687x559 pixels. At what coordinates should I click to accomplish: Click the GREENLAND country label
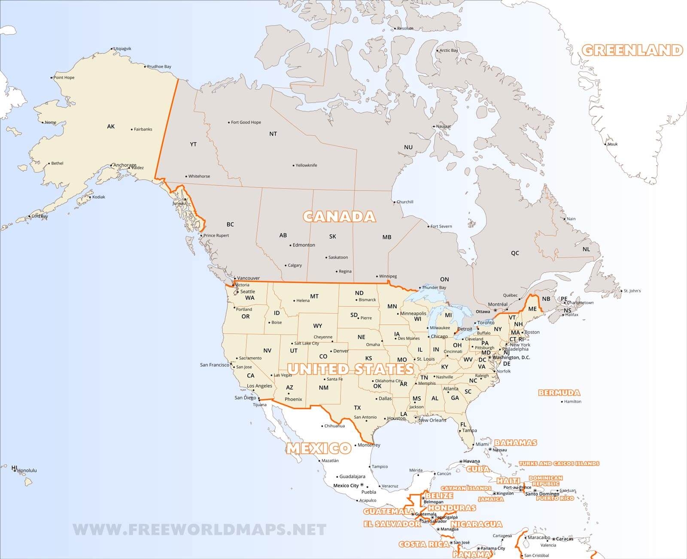[x=632, y=50]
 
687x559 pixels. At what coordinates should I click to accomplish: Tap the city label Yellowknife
[x=306, y=165]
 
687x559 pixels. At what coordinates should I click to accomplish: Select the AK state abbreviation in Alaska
[x=111, y=126]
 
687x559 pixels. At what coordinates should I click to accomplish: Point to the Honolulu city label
[x=27, y=470]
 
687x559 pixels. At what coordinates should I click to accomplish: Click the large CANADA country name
[x=339, y=216]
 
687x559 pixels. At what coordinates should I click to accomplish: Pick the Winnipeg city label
[x=388, y=276]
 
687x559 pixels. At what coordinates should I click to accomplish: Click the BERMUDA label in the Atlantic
[x=559, y=393]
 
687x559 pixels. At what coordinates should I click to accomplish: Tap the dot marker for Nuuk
[x=605, y=144]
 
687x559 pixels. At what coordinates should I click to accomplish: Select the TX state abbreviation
[x=357, y=408]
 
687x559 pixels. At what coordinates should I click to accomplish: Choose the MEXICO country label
[x=319, y=448]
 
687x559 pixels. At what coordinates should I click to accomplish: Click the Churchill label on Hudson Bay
[x=404, y=202]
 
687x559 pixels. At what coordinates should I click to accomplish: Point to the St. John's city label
[x=632, y=291]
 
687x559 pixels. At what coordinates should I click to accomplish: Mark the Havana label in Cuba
[x=471, y=461]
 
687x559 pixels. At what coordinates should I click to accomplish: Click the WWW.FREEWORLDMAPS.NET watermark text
[x=200, y=530]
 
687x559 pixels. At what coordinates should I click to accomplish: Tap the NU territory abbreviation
[x=408, y=147]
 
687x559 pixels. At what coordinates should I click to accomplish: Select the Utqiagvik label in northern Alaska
[x=122, y=48]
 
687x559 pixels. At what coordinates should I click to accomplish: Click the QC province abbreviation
[x=515, y=253]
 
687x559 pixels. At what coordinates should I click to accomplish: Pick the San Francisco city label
[x=215, y=365]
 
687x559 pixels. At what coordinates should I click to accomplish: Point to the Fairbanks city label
[x=143, y=129]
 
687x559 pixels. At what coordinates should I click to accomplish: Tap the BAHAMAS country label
[x=516, y=442]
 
